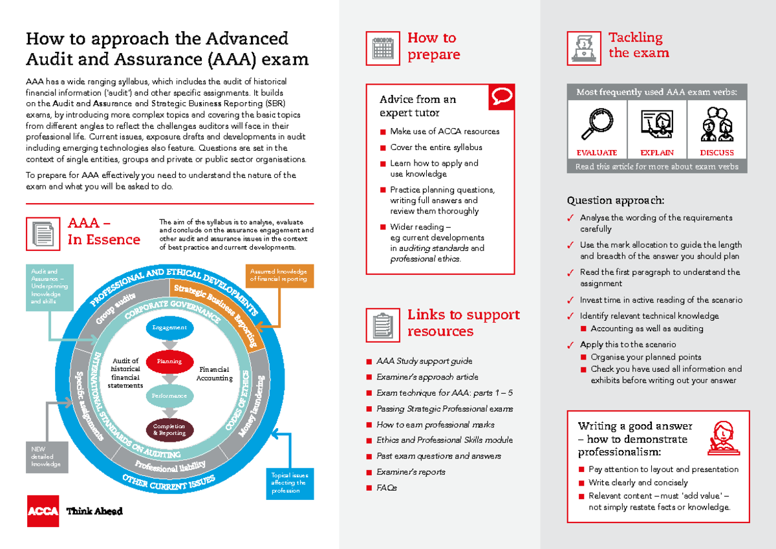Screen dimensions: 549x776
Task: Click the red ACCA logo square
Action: pos(42,511)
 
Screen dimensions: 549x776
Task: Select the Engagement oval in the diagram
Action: pos(169,328)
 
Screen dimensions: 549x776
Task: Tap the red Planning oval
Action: pos(169,361)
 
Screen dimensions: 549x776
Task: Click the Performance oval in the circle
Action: pos(169,395)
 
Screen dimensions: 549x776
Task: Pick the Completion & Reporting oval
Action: pos(169,429)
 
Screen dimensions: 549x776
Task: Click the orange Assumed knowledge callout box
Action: pos(279,275)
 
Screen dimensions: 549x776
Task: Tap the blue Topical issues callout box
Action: pos(290,482)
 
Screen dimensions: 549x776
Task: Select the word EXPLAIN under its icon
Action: pos(657,153)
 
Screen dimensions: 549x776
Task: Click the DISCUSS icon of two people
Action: pos(717,124)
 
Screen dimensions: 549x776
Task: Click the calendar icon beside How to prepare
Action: pos(383,48)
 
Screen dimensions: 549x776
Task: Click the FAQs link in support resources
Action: pos(387,488)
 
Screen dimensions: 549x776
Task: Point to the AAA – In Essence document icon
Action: pos(43,233)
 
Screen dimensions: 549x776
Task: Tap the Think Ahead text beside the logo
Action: pos(94,511)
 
